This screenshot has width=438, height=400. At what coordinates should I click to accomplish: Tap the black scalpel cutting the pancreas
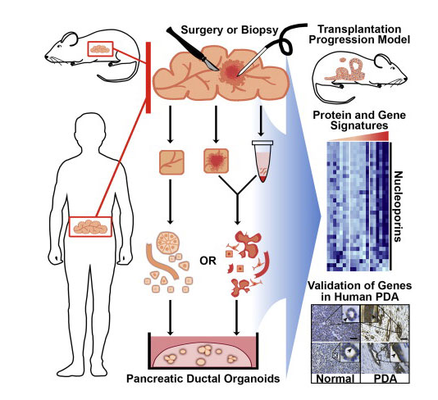192,48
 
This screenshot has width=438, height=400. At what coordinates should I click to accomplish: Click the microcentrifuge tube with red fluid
262,161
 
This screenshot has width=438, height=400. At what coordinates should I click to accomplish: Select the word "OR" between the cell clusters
208,261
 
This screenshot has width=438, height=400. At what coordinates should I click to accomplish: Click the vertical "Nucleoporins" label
398,207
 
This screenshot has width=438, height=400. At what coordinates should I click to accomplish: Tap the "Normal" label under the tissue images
335,379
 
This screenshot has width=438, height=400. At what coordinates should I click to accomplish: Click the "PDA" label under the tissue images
386,379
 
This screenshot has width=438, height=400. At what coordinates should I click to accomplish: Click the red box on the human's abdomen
90,227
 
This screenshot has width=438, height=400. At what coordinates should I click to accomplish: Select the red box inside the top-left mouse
100,49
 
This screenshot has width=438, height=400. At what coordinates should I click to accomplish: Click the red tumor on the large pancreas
232,72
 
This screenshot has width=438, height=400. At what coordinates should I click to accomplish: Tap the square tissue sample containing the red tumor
216,161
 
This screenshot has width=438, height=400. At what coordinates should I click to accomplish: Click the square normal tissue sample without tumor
171,162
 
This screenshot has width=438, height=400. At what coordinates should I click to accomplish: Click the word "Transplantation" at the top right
359,29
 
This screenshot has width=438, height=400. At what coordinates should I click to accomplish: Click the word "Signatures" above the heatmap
359,125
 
